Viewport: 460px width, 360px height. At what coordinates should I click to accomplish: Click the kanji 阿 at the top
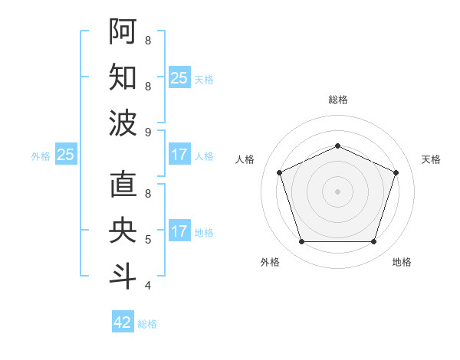pyautogui.click(x=123, y=31)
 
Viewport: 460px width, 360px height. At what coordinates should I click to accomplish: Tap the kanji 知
pyautogui.click(x=123, y=77)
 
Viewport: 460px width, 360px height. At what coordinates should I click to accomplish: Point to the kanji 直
pyautogui.click(x=123, y=185)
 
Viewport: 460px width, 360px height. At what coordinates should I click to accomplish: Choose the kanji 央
pyautogui.click(x=123, y=231)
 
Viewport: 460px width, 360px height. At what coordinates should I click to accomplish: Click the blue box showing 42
pyautogui.click(x=123, y=322)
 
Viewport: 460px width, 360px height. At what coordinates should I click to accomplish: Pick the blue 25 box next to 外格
pyautogui.click(x=66, y=155)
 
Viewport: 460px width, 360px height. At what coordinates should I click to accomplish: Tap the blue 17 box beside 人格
pyautogui.click(x=179, y=155)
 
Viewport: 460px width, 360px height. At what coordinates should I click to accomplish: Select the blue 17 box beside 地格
pyautogui.click(x=179, y=231)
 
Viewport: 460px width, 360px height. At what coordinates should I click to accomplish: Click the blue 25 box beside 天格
pyautogui.click(x=179, y=78)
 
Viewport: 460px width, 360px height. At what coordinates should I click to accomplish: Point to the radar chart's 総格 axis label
pyautogui.click(x=338, y=100)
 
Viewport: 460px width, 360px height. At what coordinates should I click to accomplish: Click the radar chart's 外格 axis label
pyautogui.click(x=270, y=262)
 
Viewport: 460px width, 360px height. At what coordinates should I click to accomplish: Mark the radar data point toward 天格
pyautogui.click(x=396, y=172)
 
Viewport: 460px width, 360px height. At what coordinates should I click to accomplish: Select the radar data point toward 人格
pyautogui.click(x=279, y=172)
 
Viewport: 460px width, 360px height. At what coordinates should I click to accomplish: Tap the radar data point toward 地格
pyautogui.click(x=374, y=242)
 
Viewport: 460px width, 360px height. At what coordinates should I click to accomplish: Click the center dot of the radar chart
pyautogui.click(x=337, y=191)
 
